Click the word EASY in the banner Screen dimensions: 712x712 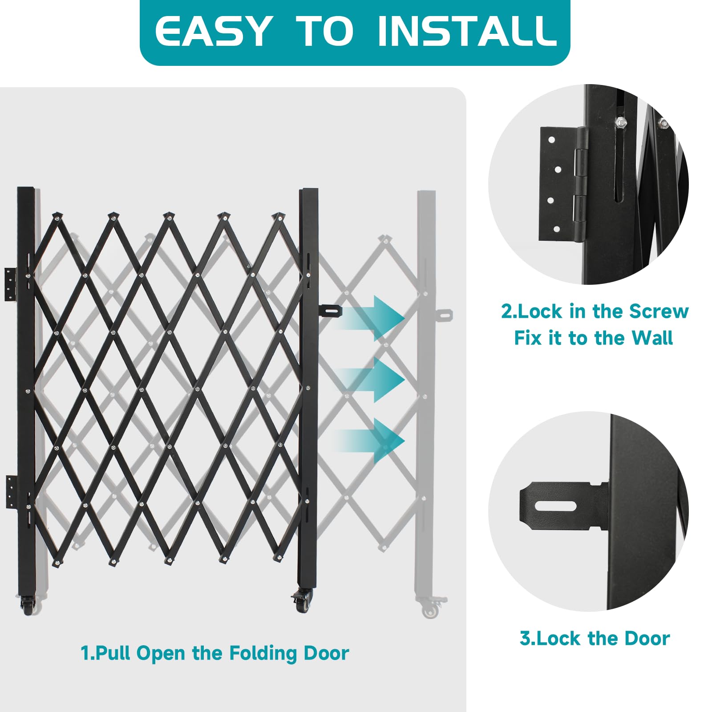point(213,31)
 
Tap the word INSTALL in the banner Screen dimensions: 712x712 point(467,31)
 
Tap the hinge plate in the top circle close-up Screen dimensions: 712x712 point(563,184)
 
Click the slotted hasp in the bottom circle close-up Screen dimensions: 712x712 point(562,506)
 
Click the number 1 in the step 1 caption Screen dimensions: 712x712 point(85,653)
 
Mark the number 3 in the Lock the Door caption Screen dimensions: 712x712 point(525,639)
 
